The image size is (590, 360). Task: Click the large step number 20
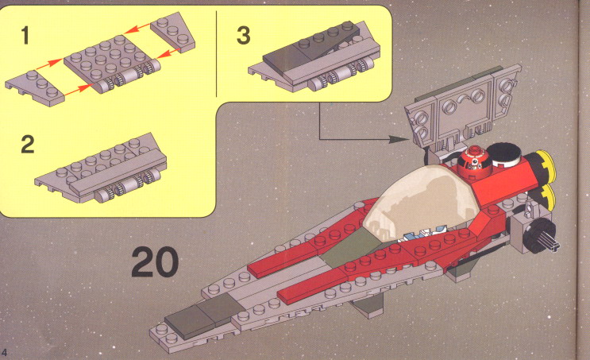[155, 262]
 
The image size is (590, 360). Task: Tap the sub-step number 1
[25, 36]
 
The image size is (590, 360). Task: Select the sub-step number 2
[28, 145]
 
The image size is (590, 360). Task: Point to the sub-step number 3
[244, 35]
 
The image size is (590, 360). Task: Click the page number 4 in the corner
[4, 353]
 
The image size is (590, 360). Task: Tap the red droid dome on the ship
[474, 161]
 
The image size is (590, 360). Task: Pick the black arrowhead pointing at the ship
[398, 140]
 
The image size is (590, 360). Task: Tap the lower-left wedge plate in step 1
[35, 87]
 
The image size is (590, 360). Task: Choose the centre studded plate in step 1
[112, 64]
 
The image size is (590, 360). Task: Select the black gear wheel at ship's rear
[539, 235]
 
